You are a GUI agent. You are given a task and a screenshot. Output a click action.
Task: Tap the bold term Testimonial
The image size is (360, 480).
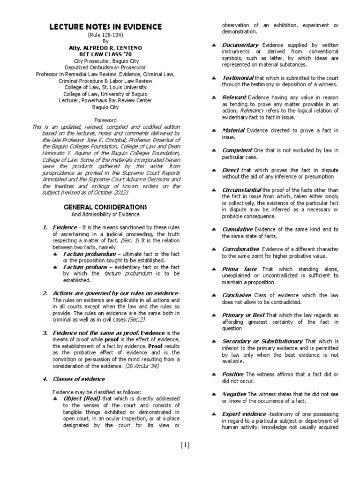click(238, 77)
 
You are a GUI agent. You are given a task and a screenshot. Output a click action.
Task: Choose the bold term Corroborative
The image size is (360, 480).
click(240, 249)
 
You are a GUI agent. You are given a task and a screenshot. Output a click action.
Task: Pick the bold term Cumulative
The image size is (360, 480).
click(237, 229)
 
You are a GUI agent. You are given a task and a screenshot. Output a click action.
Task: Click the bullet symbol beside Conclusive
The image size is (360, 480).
click(213, 296)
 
